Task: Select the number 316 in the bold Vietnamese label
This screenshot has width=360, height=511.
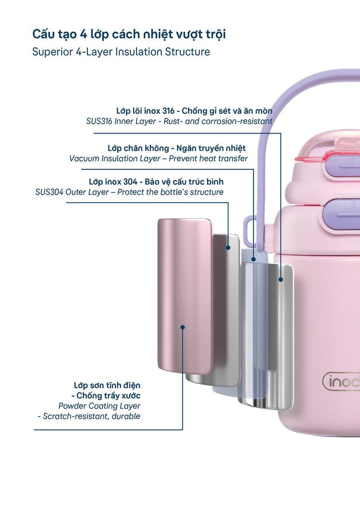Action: coord(169,111)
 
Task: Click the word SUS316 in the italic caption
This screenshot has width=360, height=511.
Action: coord(99,121)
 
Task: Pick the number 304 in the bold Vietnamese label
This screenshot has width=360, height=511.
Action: coord(131,182)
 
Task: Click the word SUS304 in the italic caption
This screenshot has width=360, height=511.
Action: coord(49,192)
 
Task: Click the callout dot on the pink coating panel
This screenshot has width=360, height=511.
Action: coord(183,327)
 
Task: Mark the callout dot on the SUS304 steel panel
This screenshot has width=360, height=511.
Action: coord(228,247)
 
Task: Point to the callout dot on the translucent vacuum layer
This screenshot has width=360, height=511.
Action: coord(253,259)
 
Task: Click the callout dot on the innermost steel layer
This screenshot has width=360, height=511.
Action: coord(281,279)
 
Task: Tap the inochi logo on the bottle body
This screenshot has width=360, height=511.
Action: coord(341,381)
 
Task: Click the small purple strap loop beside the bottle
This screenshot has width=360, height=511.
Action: coord(250,231)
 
